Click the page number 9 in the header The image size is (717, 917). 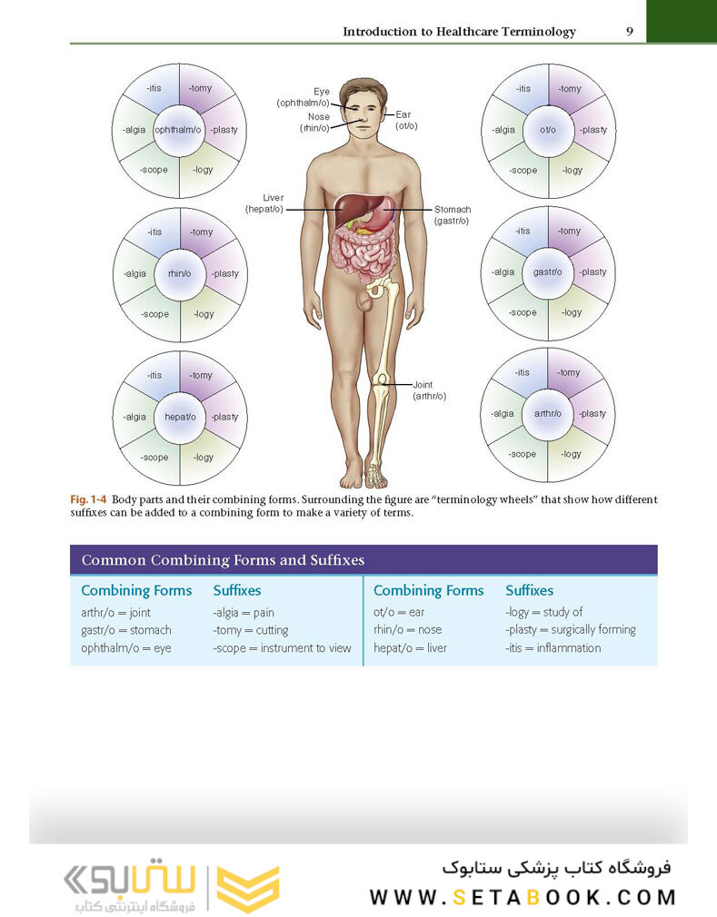tap(630, 32)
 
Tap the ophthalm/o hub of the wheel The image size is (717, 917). tap(180, 130)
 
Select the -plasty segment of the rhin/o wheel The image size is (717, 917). tap(224, 273)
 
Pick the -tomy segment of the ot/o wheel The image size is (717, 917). tap(570, 89)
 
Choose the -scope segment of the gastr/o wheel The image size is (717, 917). tap(523, 312)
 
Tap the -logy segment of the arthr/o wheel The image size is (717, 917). tap(572, 454)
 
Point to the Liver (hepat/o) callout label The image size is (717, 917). tap(264, 203)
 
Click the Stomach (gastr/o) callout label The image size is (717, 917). tap(452, 215)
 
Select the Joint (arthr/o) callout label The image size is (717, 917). tap(429, 390)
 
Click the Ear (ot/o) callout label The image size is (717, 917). tap(406, 120)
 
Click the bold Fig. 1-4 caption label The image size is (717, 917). tap(89, 500)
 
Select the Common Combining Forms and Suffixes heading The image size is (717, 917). tap(224, 560)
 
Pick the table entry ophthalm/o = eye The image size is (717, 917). tap(126, 648)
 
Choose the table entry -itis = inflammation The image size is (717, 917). tap(553, 648)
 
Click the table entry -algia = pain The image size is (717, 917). tap(244, 613)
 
